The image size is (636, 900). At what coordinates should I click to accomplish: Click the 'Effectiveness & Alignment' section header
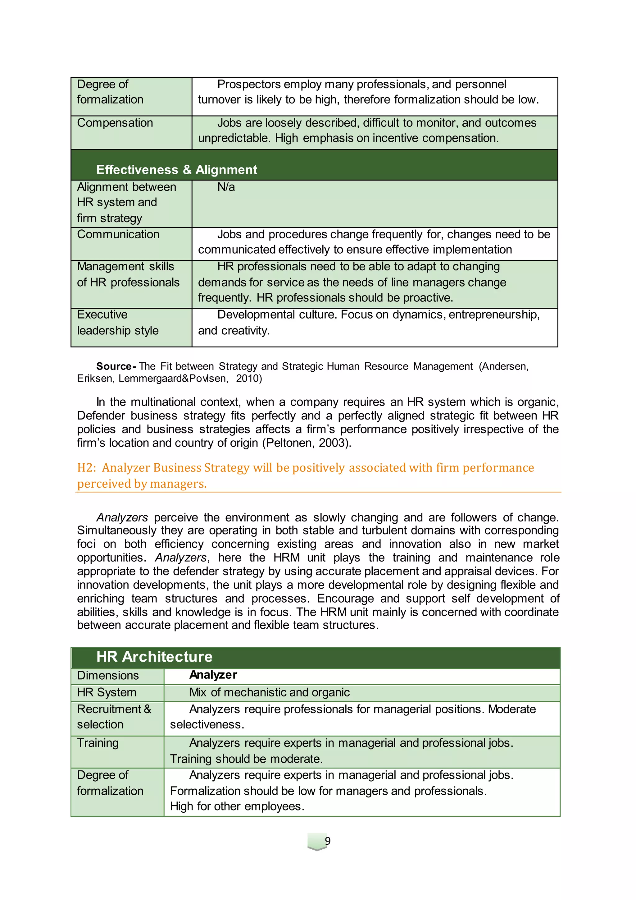(177, 169)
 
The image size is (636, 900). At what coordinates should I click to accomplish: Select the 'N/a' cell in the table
(226, 187)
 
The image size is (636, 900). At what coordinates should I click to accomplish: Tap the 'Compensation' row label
(115, 123)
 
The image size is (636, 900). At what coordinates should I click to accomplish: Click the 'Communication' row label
(118, 234)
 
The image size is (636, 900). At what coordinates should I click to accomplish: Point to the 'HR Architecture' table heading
(154, 657)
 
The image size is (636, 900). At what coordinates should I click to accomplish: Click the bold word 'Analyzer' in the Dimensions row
(213, 675)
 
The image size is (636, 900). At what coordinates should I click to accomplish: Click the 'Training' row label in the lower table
(98, 743)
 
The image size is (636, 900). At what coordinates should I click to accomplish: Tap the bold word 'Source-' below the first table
(116, 366)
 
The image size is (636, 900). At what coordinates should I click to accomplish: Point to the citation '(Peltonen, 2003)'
(306, 443)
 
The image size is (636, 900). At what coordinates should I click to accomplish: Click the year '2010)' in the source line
(249, 378)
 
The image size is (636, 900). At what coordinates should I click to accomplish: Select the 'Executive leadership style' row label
(117, 322)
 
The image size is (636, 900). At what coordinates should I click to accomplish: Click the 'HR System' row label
(107, 692)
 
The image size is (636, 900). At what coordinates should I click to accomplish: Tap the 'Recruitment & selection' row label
(114, 717)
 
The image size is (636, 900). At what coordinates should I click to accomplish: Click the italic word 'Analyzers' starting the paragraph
(122, 517)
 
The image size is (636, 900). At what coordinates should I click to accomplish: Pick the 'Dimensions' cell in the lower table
(108, 675)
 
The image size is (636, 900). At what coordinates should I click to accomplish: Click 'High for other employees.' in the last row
(237, 806)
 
